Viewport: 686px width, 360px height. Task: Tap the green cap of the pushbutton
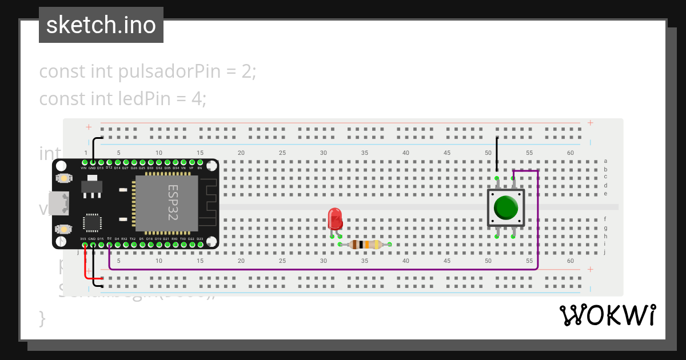[x=506, y=208]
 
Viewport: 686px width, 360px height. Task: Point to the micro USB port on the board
[x=58, y=203]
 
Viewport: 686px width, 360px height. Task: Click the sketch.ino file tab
[x=101, y=25]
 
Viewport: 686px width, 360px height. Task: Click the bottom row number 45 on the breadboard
[x=447, y=261]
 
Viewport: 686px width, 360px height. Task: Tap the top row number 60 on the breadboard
[x=571, y=153]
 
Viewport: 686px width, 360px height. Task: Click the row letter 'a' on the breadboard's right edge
[x=605, y=162]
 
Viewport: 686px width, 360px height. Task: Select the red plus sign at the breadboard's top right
[x=590, y=123]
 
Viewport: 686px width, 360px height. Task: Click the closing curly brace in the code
[x=42, y=318]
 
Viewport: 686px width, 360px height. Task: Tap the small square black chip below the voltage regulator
[x=92, y=223]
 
